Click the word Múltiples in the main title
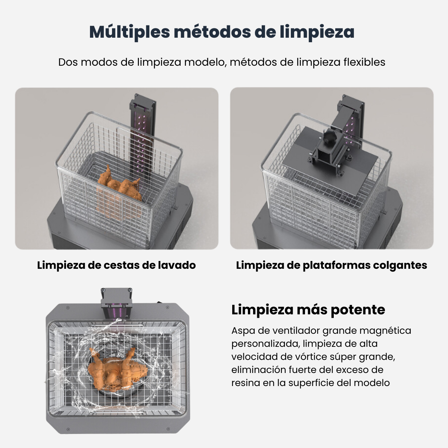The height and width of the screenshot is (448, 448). click(130, 32)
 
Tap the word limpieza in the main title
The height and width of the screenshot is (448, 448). click(317, 32)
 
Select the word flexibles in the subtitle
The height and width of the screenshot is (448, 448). click(364, 62)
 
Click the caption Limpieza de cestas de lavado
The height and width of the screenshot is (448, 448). click(116, 265)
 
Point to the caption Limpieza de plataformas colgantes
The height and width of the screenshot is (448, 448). click(332, 265)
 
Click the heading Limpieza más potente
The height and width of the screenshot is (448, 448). click(308, 309)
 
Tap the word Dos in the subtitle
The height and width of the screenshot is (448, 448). click(68, 62)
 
